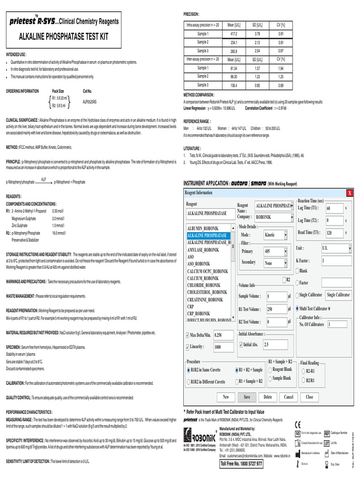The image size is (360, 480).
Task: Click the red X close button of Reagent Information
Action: click(x=349, y=193)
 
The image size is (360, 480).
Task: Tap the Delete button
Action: click(x=268, y=397)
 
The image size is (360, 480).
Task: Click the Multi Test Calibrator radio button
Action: click(x=298, y=308)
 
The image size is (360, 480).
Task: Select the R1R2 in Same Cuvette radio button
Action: click(x=188, y=370)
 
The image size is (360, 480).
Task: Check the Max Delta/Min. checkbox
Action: click(x=187, y=335)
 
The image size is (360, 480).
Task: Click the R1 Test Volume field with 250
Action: click(x=276, y=309)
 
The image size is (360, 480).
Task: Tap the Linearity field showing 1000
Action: click(x=223, y=347)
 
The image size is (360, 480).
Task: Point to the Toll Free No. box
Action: click(x=241, y=464)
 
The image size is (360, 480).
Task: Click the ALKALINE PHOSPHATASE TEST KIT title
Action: click(x=64, y=36)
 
